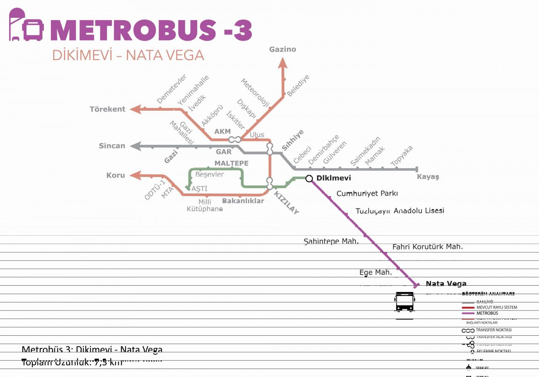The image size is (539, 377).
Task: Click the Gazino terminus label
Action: [x=283, y=49]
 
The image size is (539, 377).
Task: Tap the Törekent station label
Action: [x=107, y=109]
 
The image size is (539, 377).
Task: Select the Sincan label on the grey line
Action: [x=112, y=146]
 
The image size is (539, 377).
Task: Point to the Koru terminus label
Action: [x=115, y=175]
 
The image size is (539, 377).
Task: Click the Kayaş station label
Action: [x=428, y=177]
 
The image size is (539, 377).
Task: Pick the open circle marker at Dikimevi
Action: [x=309, y=178]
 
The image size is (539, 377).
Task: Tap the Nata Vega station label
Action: [x=446, y=284]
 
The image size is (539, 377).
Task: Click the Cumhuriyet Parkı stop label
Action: [x=367, y=194]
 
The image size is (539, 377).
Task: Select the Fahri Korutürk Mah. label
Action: [x=427, y=247]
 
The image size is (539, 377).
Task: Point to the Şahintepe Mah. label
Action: [x=331, y=241]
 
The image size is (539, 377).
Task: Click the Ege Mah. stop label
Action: [x=376, y=272]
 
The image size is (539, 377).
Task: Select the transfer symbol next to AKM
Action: [x=235, y=139]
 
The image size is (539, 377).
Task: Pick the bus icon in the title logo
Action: [x=33, y=29]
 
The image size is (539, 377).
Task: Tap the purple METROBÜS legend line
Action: [x=468, y=313]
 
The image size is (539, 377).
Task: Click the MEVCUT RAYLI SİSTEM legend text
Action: [x=496, y=307]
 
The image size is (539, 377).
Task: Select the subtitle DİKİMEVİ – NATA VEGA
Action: [x=128, y=56]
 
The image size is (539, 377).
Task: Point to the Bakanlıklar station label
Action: [x=243, y=201]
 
